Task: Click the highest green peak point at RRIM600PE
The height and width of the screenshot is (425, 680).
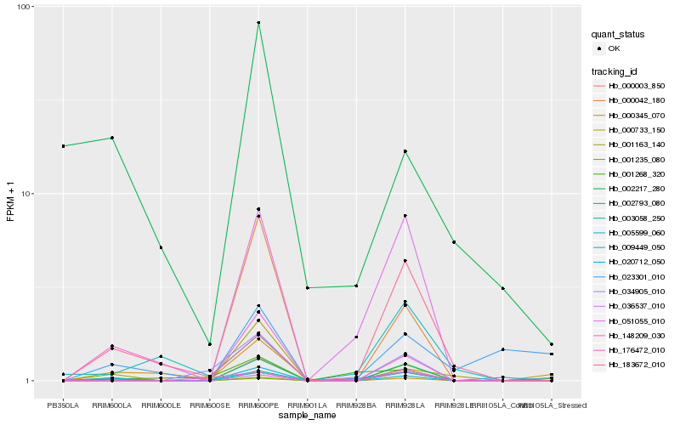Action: (x=258, y=23)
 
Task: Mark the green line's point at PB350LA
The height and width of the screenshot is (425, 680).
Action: (x=63, y=146)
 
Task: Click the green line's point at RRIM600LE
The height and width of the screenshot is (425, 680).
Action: (x=161, y=247)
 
